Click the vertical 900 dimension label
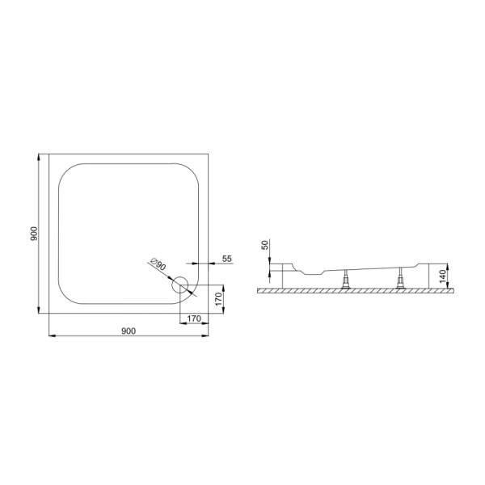34,234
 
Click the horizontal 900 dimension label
129,331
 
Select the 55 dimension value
227,259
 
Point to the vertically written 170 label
219,299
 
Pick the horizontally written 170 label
194,318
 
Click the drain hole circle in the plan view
180,285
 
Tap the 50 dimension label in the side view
265,245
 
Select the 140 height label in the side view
444,276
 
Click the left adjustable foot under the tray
345,279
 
